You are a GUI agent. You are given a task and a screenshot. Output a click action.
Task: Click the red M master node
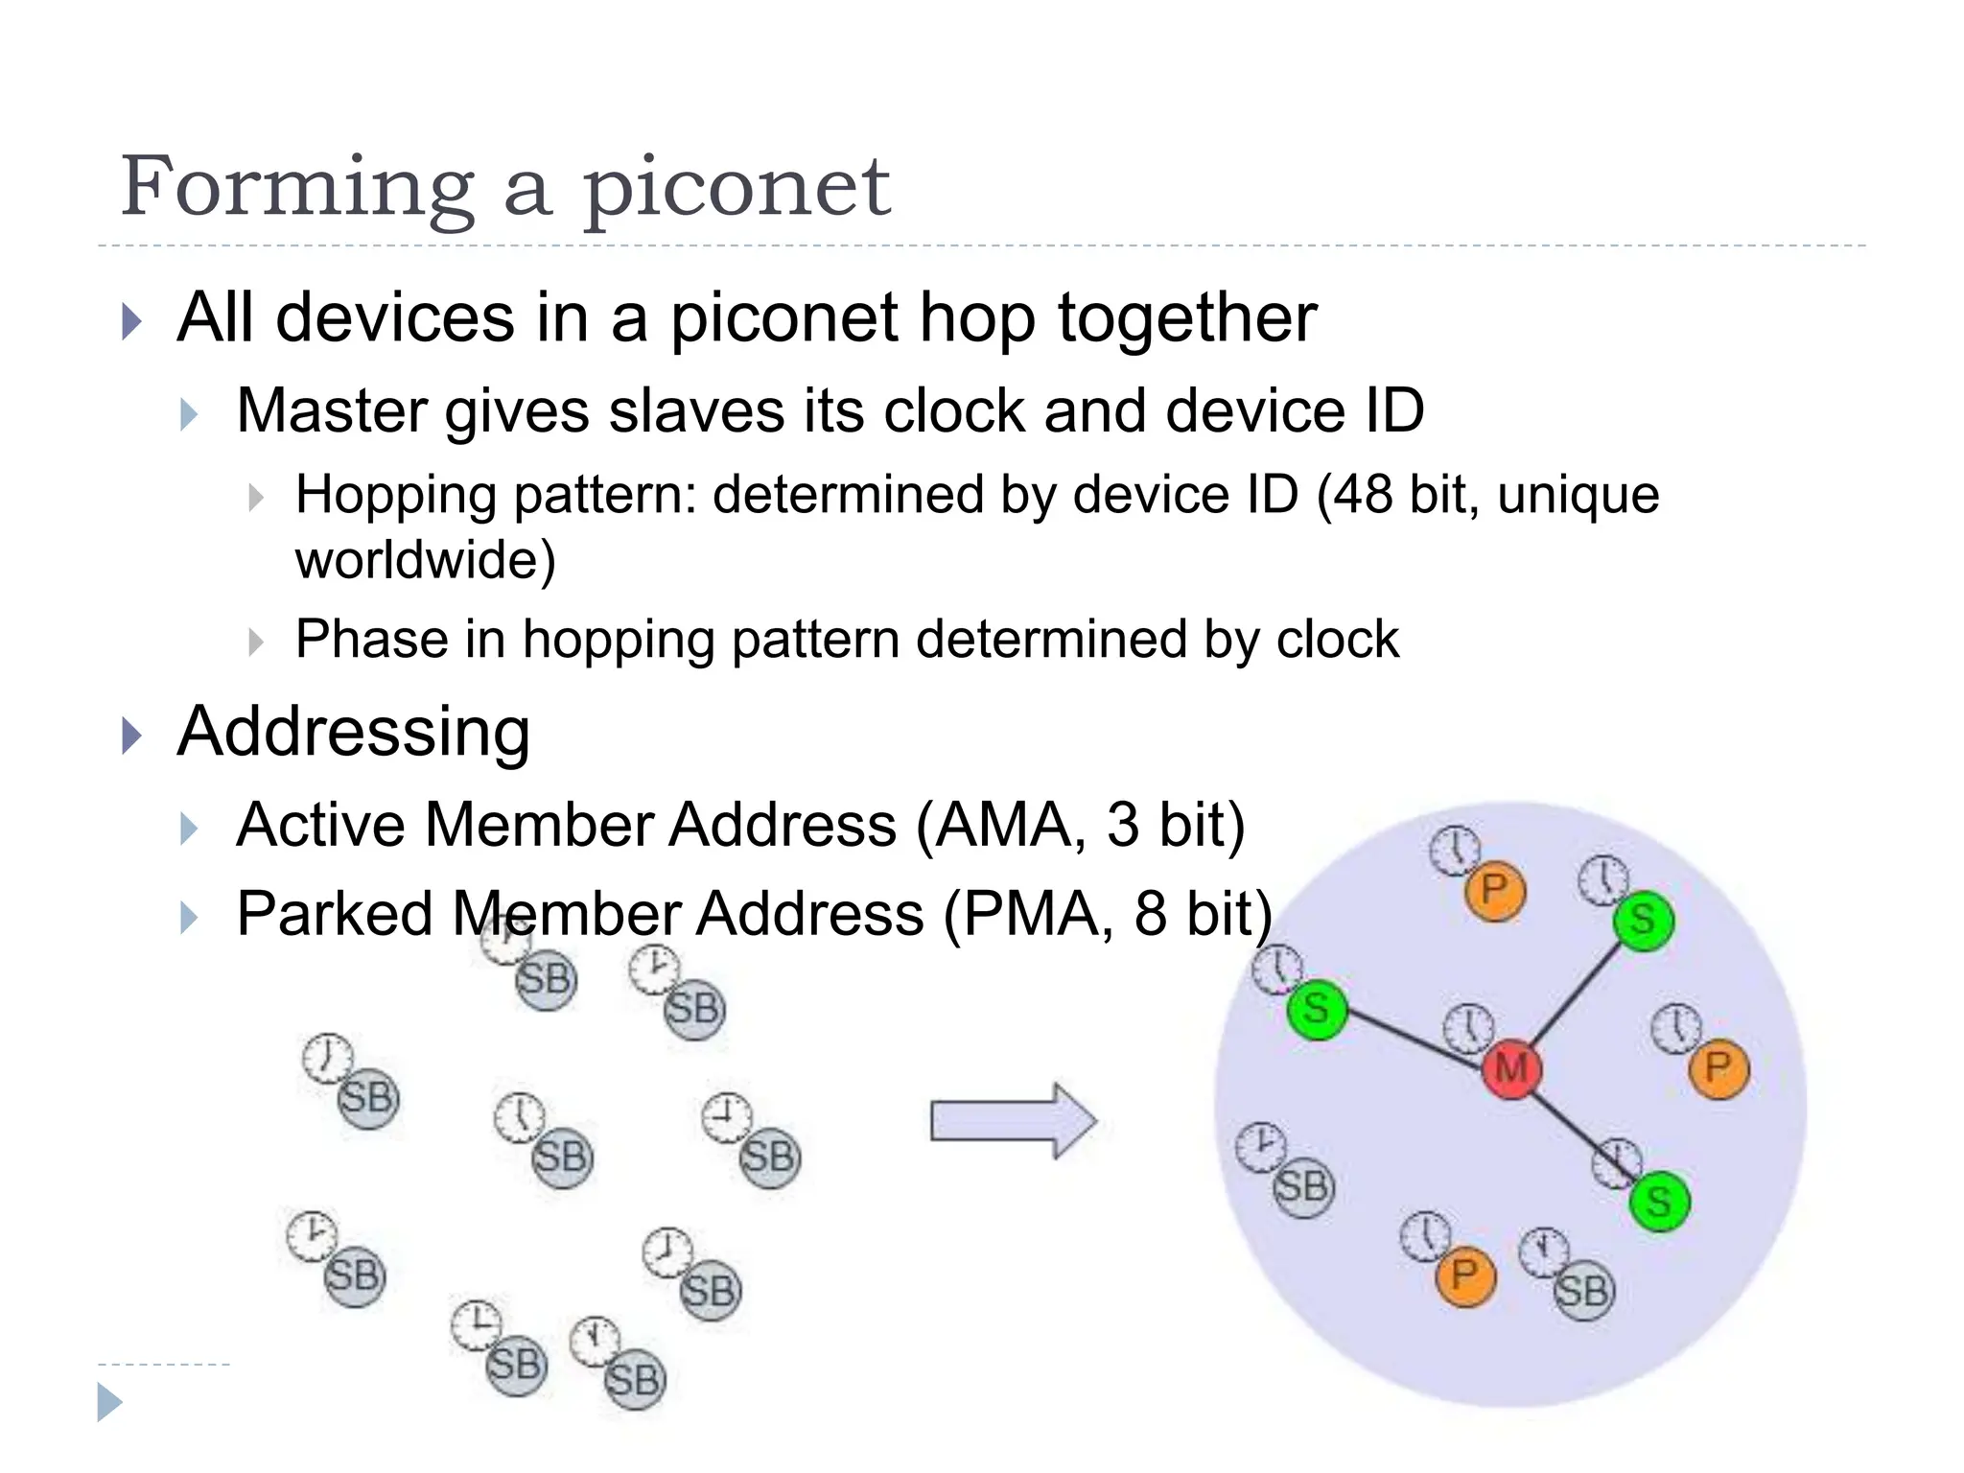click(1511, 1068)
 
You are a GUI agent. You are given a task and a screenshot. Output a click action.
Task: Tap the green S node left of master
click(1317, 1009)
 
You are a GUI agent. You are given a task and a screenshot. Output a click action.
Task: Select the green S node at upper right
click(1643, 920)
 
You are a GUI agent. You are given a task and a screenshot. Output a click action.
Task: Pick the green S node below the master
click(1659, 1201)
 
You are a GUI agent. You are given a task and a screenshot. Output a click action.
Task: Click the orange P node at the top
click(1494, 891)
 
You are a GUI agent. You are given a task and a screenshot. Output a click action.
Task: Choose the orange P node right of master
click(1718, 1067)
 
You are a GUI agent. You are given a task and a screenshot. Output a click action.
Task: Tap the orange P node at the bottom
click(1464, 1275)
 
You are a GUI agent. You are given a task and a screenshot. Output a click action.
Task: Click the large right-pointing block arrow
click(1013, 1120)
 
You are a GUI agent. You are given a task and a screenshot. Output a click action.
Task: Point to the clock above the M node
click(1469, 1028)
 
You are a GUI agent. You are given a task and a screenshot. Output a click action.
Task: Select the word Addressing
click(353, 732)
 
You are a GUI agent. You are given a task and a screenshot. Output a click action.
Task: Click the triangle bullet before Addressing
click(132, 736)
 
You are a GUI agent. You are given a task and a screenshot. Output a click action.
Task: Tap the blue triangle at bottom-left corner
click(109, 1402)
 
